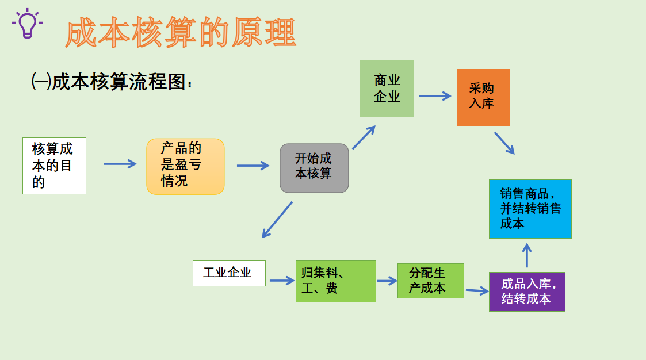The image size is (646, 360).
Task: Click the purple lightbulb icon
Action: (x=26, y=24)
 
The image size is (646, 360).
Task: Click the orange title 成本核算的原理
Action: (x=181, y=33)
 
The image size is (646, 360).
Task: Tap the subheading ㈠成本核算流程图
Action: (x=112, y=82)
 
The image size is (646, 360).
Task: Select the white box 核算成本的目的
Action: (x=54, y=166)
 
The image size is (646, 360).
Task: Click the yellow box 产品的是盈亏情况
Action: (x=185, y=166)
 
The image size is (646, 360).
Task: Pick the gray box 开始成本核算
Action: (x=314, y=168)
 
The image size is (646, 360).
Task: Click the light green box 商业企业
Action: (x=387, y=89)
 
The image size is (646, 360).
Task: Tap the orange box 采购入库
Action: (x=483, y=97)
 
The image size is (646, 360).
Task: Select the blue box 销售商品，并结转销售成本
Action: (x=530, y=209)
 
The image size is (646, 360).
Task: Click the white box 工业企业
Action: (x=229, y=273)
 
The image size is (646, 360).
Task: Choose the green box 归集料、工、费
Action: (x=335, y=281)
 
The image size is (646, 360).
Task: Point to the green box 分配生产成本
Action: (x=430, y=281)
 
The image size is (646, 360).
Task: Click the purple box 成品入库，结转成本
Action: (x=527, y=292)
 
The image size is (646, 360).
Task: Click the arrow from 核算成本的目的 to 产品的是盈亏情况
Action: (x=120, y=164)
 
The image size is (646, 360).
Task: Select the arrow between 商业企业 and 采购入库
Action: (x=435, y=96)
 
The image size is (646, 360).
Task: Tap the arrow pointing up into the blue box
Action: (x=527, y=255)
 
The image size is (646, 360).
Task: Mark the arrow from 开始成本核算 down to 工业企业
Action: (x=277, y=220)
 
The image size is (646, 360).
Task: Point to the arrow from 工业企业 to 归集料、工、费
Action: (x=282, y=281)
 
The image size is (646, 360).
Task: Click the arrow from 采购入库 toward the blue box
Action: (x=504, y=143)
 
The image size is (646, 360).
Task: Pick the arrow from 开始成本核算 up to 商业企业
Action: (x=364, y=137)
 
